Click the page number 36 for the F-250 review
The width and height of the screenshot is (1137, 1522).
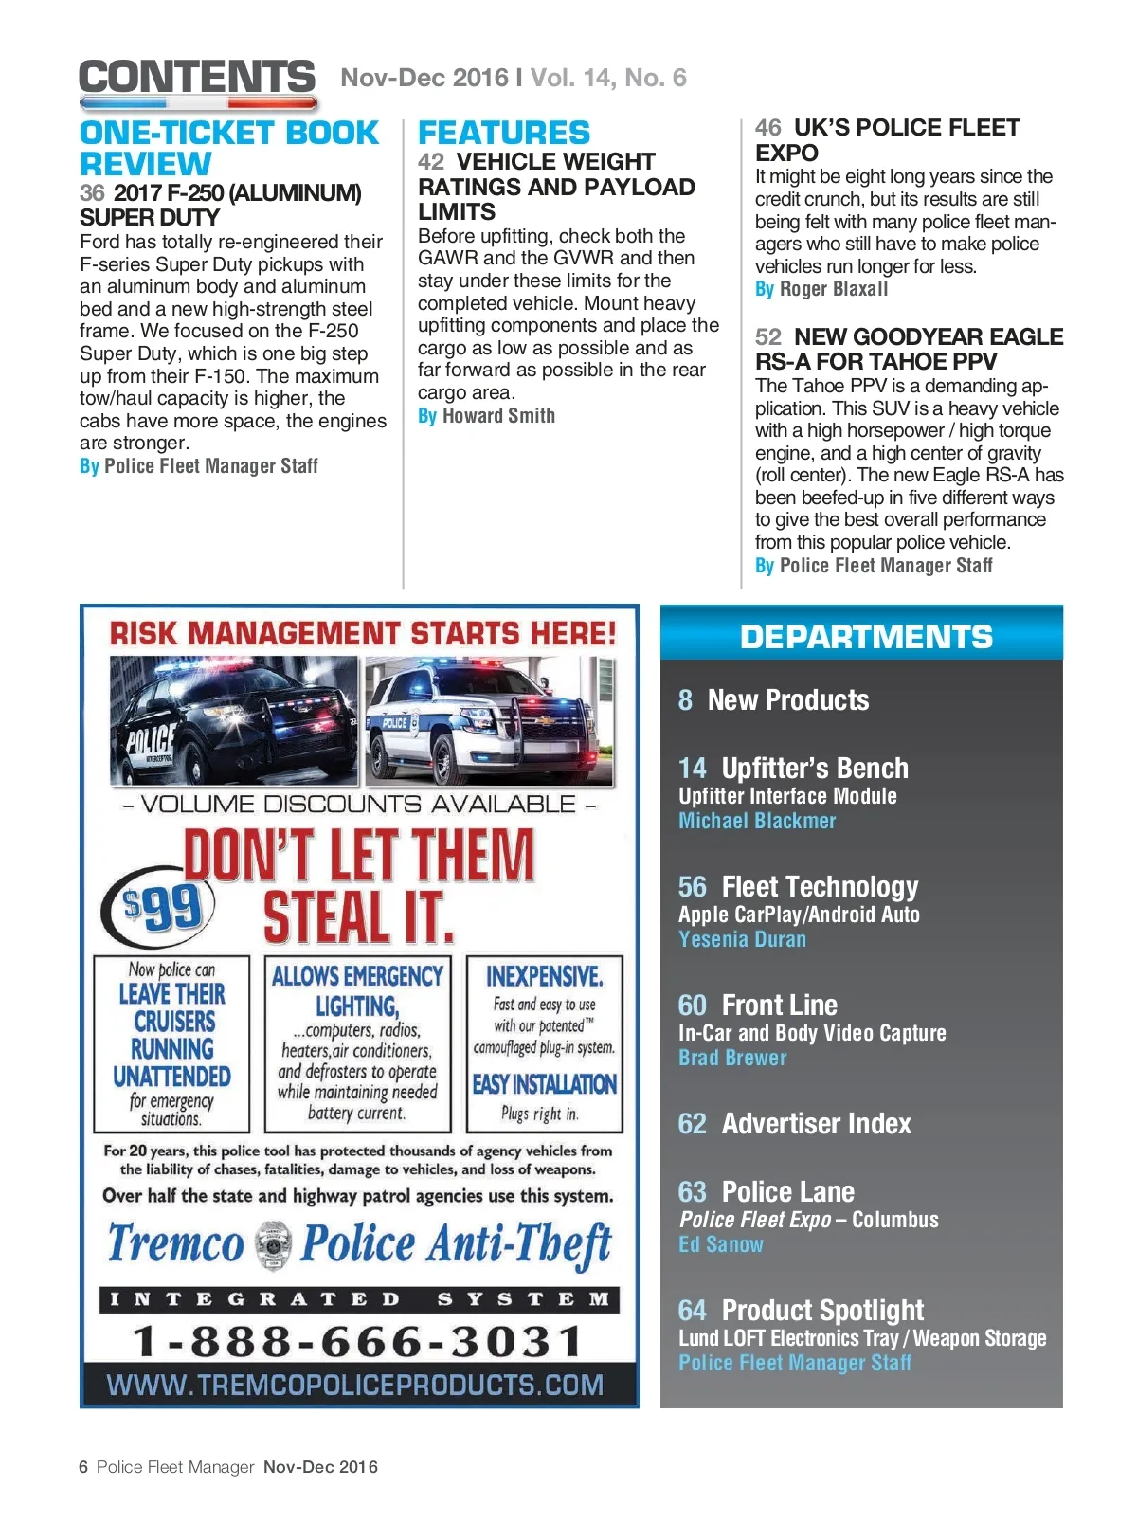point(92,193)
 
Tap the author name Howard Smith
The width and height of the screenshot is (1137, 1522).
point(498,416)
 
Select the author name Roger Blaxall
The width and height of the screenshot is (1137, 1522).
point(834,289)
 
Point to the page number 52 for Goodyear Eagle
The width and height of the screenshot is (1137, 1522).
point(768,337)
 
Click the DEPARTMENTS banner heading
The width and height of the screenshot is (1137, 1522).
point(866,637)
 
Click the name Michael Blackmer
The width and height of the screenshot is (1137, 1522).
point(757,822)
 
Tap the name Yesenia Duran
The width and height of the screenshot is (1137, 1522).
point(742,940)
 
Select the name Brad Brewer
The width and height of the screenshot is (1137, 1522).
point(732,1059)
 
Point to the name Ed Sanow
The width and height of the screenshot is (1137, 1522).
point(721,1245)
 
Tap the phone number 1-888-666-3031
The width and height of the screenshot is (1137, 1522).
point(358,1341)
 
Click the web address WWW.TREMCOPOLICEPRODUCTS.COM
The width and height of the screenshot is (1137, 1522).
point(355,1386)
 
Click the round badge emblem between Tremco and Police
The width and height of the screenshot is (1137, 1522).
point(273,1245)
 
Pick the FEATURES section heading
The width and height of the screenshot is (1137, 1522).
point(504,133)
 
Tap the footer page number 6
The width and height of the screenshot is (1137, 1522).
point(83,1467)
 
